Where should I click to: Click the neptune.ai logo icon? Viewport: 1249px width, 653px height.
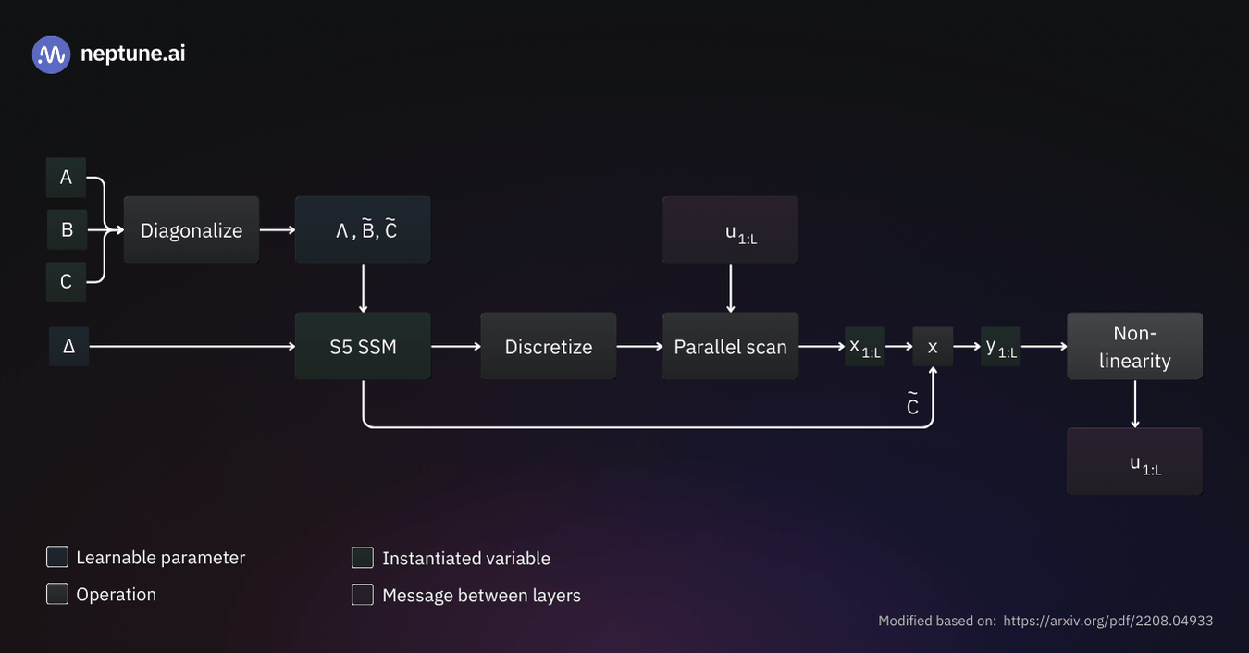click(51, 55)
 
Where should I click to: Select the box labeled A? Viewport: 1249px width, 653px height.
click(66, 178)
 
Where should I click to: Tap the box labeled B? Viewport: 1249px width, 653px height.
click(67, 230)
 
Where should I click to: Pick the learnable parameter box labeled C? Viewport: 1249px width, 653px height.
click(66, 282)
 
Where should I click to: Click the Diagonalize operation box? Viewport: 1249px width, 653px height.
click(192, 230)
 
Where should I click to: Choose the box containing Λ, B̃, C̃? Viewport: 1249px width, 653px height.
click(363, 230)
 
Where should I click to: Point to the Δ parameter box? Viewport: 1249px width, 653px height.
click(68, 347)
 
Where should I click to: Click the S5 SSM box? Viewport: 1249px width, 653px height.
click(363, 347)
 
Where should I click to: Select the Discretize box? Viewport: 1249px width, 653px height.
click(549, 347)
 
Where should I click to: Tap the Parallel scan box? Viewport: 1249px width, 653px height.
click(730, 347)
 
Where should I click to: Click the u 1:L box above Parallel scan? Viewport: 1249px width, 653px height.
click(730, 230)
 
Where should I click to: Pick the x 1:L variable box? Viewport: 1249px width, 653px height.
click(865, 347)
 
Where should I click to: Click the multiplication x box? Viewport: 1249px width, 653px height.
click(933, 347)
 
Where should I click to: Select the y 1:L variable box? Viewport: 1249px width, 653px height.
click(1001, 347)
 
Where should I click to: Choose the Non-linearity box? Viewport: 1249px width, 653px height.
click(1134, 347)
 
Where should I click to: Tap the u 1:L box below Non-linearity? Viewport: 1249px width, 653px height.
click(1134, 462)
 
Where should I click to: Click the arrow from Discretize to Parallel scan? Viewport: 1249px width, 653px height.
click(639, 347)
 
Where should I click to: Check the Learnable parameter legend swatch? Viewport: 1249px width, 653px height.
click(57, 557)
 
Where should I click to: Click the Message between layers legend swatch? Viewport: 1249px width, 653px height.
click(363, 595)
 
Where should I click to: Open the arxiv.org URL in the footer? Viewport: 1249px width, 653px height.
click(1107, 621)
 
